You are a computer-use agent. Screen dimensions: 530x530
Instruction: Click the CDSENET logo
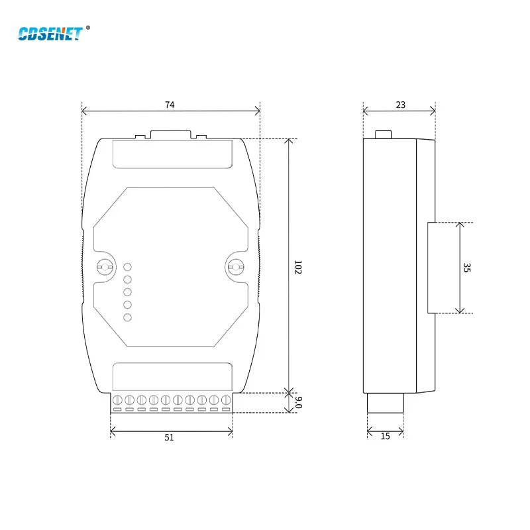pyautogui.click(x=50, y=34)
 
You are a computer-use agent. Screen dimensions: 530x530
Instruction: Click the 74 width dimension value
pyautogui.click(x=170, y=105)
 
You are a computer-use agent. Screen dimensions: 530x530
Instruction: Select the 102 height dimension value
pyautogui.click(x=297, y=267)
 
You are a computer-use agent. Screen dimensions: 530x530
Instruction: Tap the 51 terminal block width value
pyautogui.click(x=169, y=437)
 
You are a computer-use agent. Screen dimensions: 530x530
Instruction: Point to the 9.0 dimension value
pyautogui.click(x=299, y=402)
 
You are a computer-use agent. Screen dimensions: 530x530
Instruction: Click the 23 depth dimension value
pyautogui.click(x=401, y=105)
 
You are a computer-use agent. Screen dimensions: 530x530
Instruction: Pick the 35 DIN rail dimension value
pyautogui.click(x=466, y=268)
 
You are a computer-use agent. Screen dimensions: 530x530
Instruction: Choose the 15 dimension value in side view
pyautogui.click(x=386, y=437)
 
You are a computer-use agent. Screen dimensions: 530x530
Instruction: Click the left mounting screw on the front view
pyautogui.click(x=105, y=267)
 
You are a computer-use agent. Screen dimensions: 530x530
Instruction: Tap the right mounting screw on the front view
pyautogui.click(x=235, y=267)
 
